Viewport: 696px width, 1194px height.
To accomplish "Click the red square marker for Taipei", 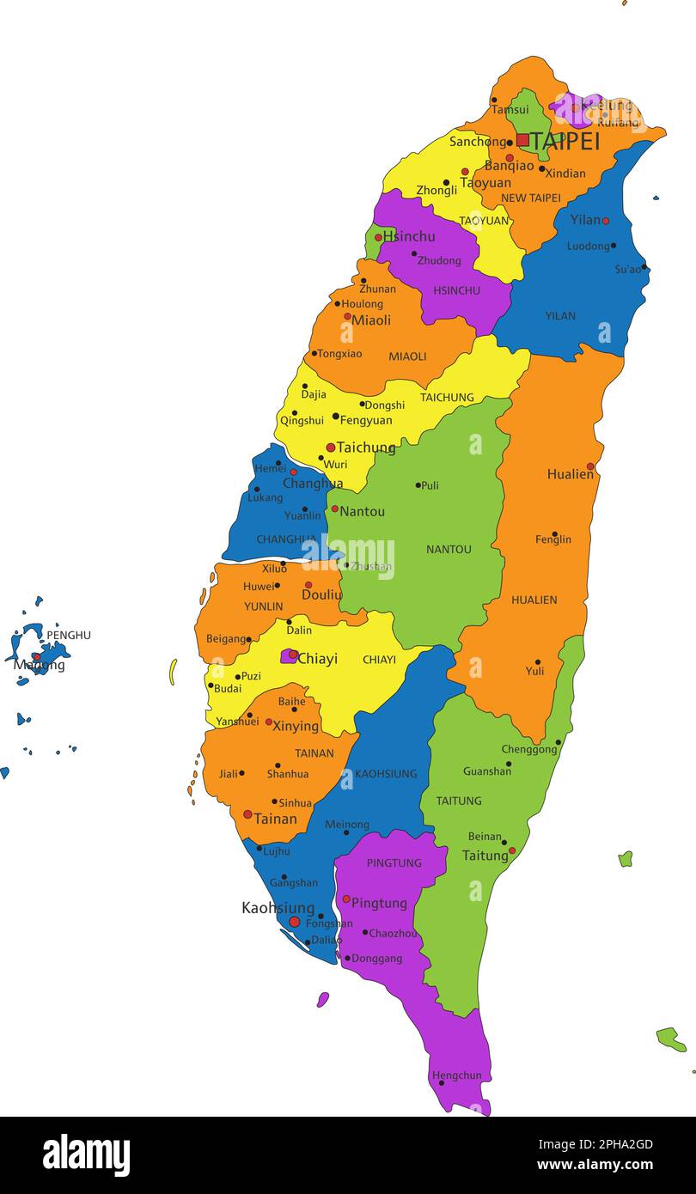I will click(x=522, y=139).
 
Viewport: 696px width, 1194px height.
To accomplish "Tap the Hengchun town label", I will click(x=456, y=1075).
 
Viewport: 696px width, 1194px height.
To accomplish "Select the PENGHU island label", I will click(x=69, y=635).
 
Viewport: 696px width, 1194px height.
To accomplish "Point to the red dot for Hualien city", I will click(x=590, y=466).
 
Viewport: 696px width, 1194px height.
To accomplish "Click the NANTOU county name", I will click(x=449, y=549).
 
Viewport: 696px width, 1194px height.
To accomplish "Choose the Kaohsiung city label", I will click(x=278, y=907).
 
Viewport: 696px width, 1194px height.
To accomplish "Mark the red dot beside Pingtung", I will click(x=346, y=899).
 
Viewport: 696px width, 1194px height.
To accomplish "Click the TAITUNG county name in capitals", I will click(x=459, y=801).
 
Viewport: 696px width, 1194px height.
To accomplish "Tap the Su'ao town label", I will click(x=628, y=269).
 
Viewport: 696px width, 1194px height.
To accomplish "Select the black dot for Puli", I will click(x=418, y=485).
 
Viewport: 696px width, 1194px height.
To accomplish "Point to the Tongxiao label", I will click(x=340, y=353).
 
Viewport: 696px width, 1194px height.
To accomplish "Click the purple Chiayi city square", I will click(x=289, y=656).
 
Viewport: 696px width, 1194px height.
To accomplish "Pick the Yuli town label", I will click(x=534, y=671).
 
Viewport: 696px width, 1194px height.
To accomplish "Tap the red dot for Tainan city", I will click(x=247, y=814).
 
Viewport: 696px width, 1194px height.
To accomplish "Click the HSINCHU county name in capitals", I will click(x=456, y=290).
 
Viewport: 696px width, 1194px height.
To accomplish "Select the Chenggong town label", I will click(x=529, y=750).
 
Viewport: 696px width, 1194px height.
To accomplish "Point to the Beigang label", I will click(x=226, y=639).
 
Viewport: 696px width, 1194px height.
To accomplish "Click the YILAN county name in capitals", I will click(x=560, y=315).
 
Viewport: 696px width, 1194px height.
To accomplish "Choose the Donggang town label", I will click(x=376, y=958).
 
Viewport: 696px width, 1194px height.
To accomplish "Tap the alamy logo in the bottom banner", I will click(x=86, y=1155).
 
